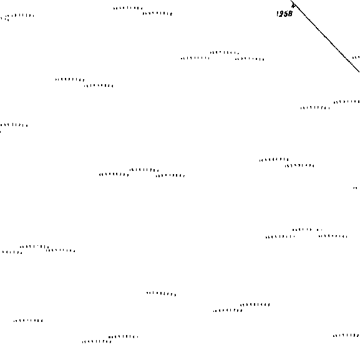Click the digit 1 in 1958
tap(278, 14)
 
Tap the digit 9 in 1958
tap(281, 14)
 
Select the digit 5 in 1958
tap(286, 14)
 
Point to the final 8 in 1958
tap(290, 14)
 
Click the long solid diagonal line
tap(325, 36)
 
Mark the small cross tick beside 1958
tap(293, 6)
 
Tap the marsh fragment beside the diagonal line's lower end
tap(356, 57)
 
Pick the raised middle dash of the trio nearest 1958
tap(225, 52)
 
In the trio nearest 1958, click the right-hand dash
tap(250, 59)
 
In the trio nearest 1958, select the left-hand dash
tap(195, 58)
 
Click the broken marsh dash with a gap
tap(307, 230)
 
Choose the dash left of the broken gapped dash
tap(280, 236)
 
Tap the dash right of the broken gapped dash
tap(333, 236)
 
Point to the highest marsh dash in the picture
tap(128, 8)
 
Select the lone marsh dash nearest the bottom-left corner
tap(28, 321)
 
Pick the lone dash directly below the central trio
tap(161, 294)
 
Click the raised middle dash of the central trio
tap(144, 170)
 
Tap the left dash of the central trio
tap(114, 175)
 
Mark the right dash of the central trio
tap(170, 176)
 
